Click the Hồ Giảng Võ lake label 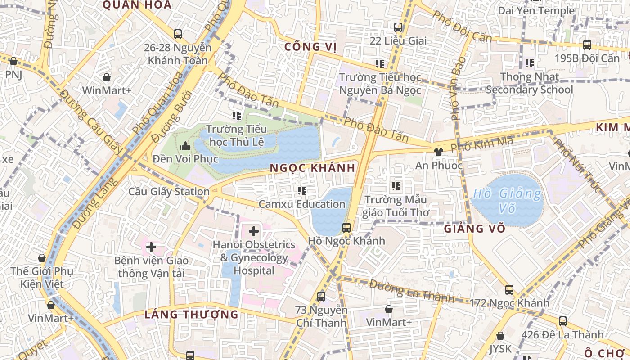tap(508, 201)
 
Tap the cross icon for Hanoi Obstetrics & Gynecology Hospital tap(254, 231)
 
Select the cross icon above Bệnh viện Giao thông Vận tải tap(151, 247)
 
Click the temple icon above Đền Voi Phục tap(185, 146)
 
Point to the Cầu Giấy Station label tap(169, 192)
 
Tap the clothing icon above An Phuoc tap(439, 152)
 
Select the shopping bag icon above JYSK tap(500, 336)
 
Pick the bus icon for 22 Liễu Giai tap(398, 27)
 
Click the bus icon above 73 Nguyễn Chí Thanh tap(321, 296)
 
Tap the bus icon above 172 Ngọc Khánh tap(509, 289)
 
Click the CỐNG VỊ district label tap(311, 47)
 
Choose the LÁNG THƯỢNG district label tap(191, 314)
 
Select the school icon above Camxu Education tap(302, 191)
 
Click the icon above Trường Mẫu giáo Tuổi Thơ tap(396, 186)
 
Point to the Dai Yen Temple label tap(536, 10)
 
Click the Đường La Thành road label tap(411, 291)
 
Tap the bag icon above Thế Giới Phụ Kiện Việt tap(42, 258)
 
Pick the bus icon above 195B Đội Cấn tap(587, 45)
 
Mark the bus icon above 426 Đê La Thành tap(562, 321)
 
